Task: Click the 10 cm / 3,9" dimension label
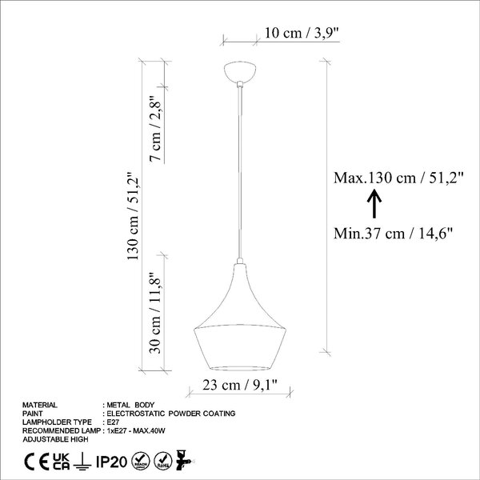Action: click(302, 33)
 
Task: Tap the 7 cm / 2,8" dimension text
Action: click(155, 129)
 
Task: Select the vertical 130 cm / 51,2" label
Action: click(133, 216)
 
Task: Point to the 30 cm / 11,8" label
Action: click(155, 313)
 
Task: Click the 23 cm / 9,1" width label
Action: click(240, 385)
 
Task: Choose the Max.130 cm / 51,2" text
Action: click(398, 178)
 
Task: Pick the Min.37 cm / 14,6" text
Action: click(393, 234)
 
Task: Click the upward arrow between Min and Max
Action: click(374, 204)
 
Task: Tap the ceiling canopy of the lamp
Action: click(240, 72)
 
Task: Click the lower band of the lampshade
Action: click(240, 347)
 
